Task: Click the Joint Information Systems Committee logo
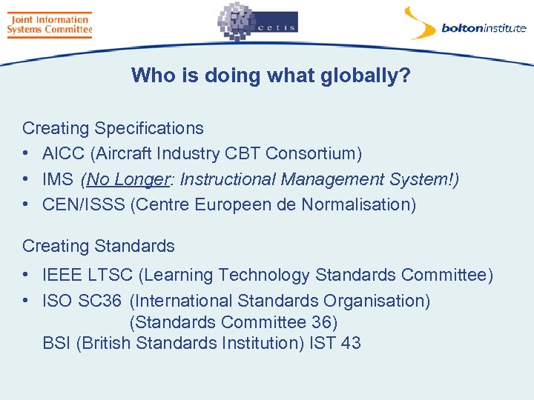coord(49,24)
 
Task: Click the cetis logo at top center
coord(257,22)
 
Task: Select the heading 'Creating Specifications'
coord(113,128)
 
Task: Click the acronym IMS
coord(58,179)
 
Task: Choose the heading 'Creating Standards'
coord(99,246)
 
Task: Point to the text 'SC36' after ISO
coord(102,301)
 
